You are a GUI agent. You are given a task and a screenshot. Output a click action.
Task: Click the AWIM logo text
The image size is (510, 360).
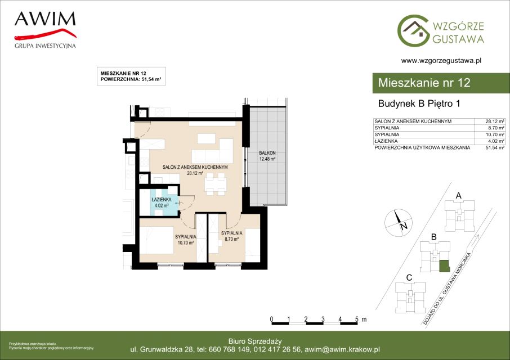(45, 19)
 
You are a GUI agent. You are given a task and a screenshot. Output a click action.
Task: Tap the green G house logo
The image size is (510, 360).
(413, 30)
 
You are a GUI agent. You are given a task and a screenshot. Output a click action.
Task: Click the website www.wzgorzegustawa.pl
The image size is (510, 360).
(441, 60)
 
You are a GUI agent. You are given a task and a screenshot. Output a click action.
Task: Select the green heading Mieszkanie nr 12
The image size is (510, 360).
(424, 83)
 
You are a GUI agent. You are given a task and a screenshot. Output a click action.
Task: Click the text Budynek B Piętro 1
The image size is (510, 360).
(419, 103)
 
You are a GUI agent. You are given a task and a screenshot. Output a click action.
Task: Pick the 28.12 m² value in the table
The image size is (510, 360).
(495, 121)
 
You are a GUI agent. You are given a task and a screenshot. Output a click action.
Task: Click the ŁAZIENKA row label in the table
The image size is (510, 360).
(386, 141)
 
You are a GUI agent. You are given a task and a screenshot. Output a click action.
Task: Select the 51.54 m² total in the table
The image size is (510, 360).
(495, 147)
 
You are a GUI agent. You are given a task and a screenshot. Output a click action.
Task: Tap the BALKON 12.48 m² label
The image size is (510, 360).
(267, 156)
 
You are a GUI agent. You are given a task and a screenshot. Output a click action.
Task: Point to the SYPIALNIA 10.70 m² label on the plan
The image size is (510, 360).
(186, 240)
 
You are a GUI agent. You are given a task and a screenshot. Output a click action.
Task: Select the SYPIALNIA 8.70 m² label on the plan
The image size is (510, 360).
(231, 236)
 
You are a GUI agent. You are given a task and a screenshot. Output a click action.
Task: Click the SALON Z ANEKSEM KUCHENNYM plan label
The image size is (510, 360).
(195, 170)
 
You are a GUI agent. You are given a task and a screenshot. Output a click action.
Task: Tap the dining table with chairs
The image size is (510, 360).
(216, 184)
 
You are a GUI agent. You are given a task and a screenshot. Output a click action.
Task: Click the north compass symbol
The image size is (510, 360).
(399, 223)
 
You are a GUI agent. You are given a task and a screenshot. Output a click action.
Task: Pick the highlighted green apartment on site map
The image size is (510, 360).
(445, 265)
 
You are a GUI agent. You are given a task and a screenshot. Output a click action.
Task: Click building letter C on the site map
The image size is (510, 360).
(409, 278)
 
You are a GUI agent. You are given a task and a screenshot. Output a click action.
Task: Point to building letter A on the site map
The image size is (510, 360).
(459, 196)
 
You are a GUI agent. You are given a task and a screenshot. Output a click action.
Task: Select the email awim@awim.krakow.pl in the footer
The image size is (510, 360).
(342, 350)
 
